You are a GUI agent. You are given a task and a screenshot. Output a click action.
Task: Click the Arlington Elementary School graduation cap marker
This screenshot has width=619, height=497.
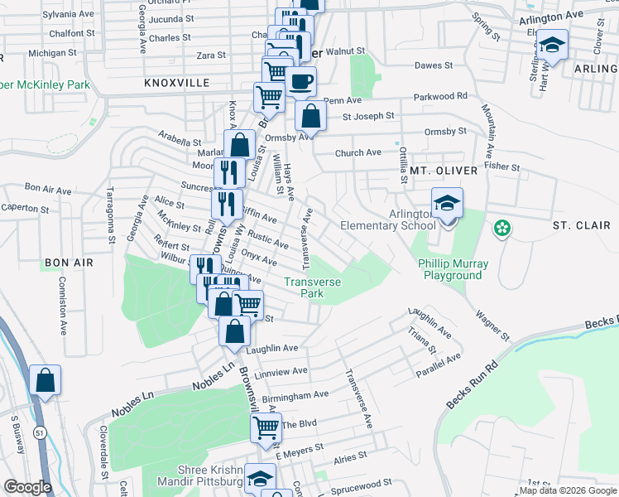coord(447,203)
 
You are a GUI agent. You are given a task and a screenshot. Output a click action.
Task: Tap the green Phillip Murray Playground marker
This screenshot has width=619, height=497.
coord(501,228)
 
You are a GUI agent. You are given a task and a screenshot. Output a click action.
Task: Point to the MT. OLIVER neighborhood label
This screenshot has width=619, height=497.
coord(444,171)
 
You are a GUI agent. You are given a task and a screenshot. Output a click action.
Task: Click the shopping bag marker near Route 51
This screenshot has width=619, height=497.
coord(45,382)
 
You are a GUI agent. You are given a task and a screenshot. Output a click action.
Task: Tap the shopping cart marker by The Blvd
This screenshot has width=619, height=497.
coord(266,427)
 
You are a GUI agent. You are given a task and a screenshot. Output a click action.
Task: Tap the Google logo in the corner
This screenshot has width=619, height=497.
coord(27,487)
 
